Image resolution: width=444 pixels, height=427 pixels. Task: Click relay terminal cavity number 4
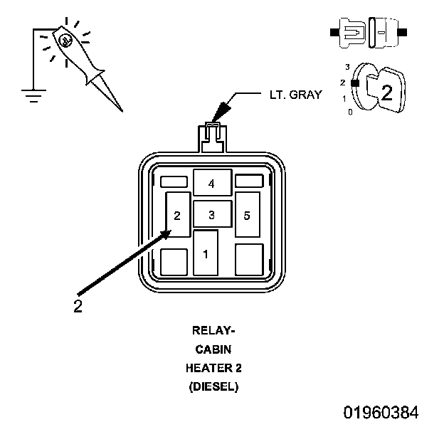click(213, 183)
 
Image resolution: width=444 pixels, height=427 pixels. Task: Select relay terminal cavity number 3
click(213, 214)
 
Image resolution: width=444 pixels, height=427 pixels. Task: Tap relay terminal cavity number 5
click(248, 214)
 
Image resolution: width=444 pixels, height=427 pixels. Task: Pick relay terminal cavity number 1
click(206, 253)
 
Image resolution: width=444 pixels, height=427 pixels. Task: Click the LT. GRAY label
click(295, 95)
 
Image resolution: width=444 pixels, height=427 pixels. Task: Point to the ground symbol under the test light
click(33, 95)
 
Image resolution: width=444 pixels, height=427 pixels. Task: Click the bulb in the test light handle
click(65, 41)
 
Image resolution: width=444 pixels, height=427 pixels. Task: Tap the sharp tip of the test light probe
click(122, 111)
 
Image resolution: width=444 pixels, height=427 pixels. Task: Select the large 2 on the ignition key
click(387, 93)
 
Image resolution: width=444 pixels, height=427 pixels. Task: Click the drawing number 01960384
click(381, 412)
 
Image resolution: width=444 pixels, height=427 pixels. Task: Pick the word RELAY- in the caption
click(213, 330)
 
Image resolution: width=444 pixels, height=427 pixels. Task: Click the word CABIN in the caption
click(213, 349)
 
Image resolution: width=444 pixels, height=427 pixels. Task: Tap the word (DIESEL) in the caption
click(213, 387)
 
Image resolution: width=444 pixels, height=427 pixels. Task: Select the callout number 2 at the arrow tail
click(78, 306)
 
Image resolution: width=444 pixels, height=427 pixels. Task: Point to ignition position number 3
click(347, 67)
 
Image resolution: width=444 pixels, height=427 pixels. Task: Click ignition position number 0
click(351, 112)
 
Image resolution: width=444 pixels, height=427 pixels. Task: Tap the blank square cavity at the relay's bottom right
click(249, 259)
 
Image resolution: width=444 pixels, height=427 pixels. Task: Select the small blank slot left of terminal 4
click(174, 181)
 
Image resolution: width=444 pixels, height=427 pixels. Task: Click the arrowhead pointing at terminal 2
click(166, 234)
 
